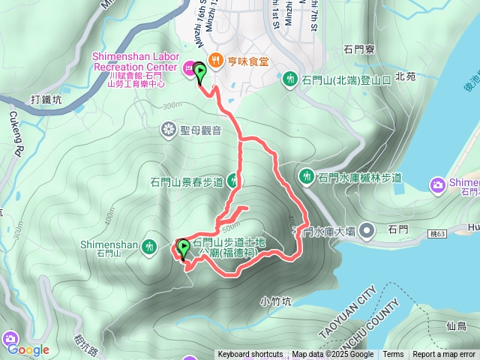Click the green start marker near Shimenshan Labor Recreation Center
coord(200,72)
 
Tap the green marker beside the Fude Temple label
coord(183,247)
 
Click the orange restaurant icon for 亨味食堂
coord(215,59)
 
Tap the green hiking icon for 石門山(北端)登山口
coord(291,79)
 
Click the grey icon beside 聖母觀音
coord(167,130)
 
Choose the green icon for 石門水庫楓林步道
coord(307,176)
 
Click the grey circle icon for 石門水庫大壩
coord(367,230)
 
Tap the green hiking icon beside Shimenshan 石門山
coord(150,245)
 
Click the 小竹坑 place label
coord(274,301)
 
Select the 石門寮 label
coord(358,49)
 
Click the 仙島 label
coord(456,326)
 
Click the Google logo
coord(28,349)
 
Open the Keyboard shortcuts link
coord(250,355)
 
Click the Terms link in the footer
coord(393,355)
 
